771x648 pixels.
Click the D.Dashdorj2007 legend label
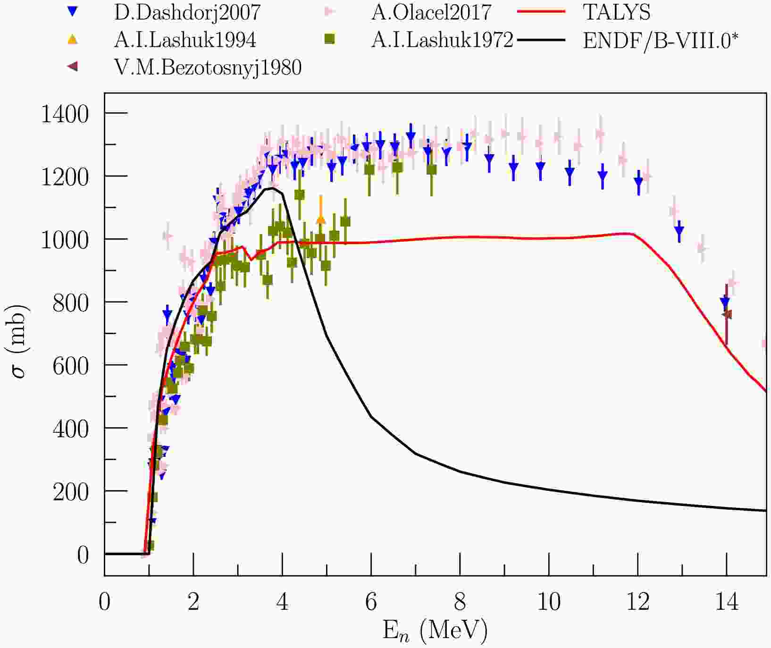tap(187, 13)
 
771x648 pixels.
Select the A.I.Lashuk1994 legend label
tap(185, 40)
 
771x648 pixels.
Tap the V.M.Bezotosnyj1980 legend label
tap(208, 67)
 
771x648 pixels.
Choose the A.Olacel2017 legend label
tap(431, 13)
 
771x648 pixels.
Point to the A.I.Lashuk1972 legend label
tap(442, 40)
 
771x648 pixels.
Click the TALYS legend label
tap(617, 13)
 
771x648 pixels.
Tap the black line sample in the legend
tap(541, 40)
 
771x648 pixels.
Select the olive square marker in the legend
tap(330, 40)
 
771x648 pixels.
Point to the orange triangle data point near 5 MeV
tap(321, 219)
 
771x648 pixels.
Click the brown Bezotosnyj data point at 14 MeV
tap(727, 314)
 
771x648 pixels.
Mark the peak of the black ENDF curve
tap(273, 188)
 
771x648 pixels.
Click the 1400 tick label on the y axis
tap(65, 114)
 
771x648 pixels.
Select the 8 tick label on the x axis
tap(460, 602)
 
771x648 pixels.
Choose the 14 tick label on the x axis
tap(727, 602)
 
